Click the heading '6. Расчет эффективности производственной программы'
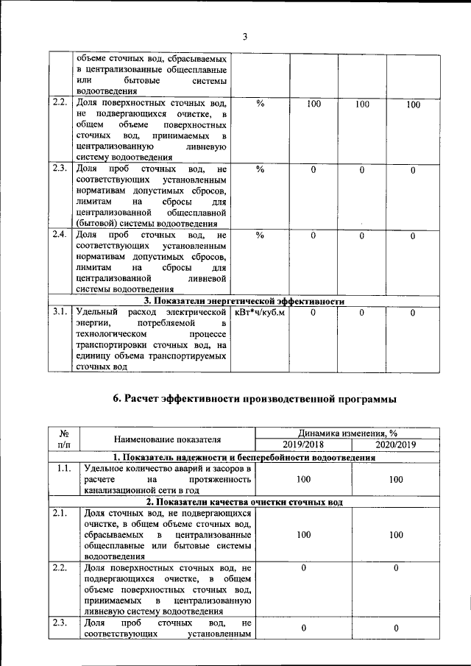pos(255,399)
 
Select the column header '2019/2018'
pos(302,445)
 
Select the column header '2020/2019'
pos(396,445)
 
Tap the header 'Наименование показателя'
pos(168,439)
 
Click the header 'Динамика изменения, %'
pos(349,433)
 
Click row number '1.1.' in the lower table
pos(64,468)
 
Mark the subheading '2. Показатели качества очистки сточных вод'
pos(244,502)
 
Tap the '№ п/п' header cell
pos(64,439)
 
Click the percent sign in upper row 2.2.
pos(260,104)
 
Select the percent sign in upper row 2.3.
pos(260,170)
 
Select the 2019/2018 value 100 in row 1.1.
pos(302,479)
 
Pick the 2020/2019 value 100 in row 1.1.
pos(396,479)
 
